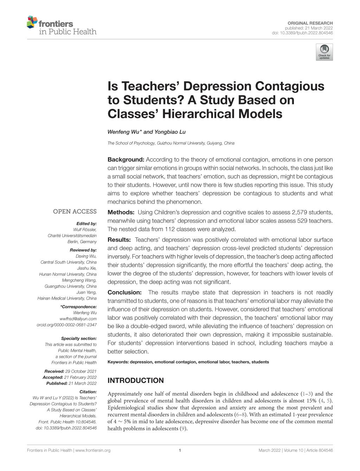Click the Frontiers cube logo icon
pos(32,22)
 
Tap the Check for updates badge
pos(324,52)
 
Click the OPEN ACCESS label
pos(75,211)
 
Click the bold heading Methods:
pos(121,212)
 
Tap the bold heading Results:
pos(119,240)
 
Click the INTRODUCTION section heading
pos(135,380)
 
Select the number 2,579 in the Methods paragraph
pos(301,212)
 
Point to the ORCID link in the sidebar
pos(67,325)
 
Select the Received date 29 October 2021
pos(81,371)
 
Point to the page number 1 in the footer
pos(180,450)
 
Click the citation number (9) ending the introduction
pos(183,428)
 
